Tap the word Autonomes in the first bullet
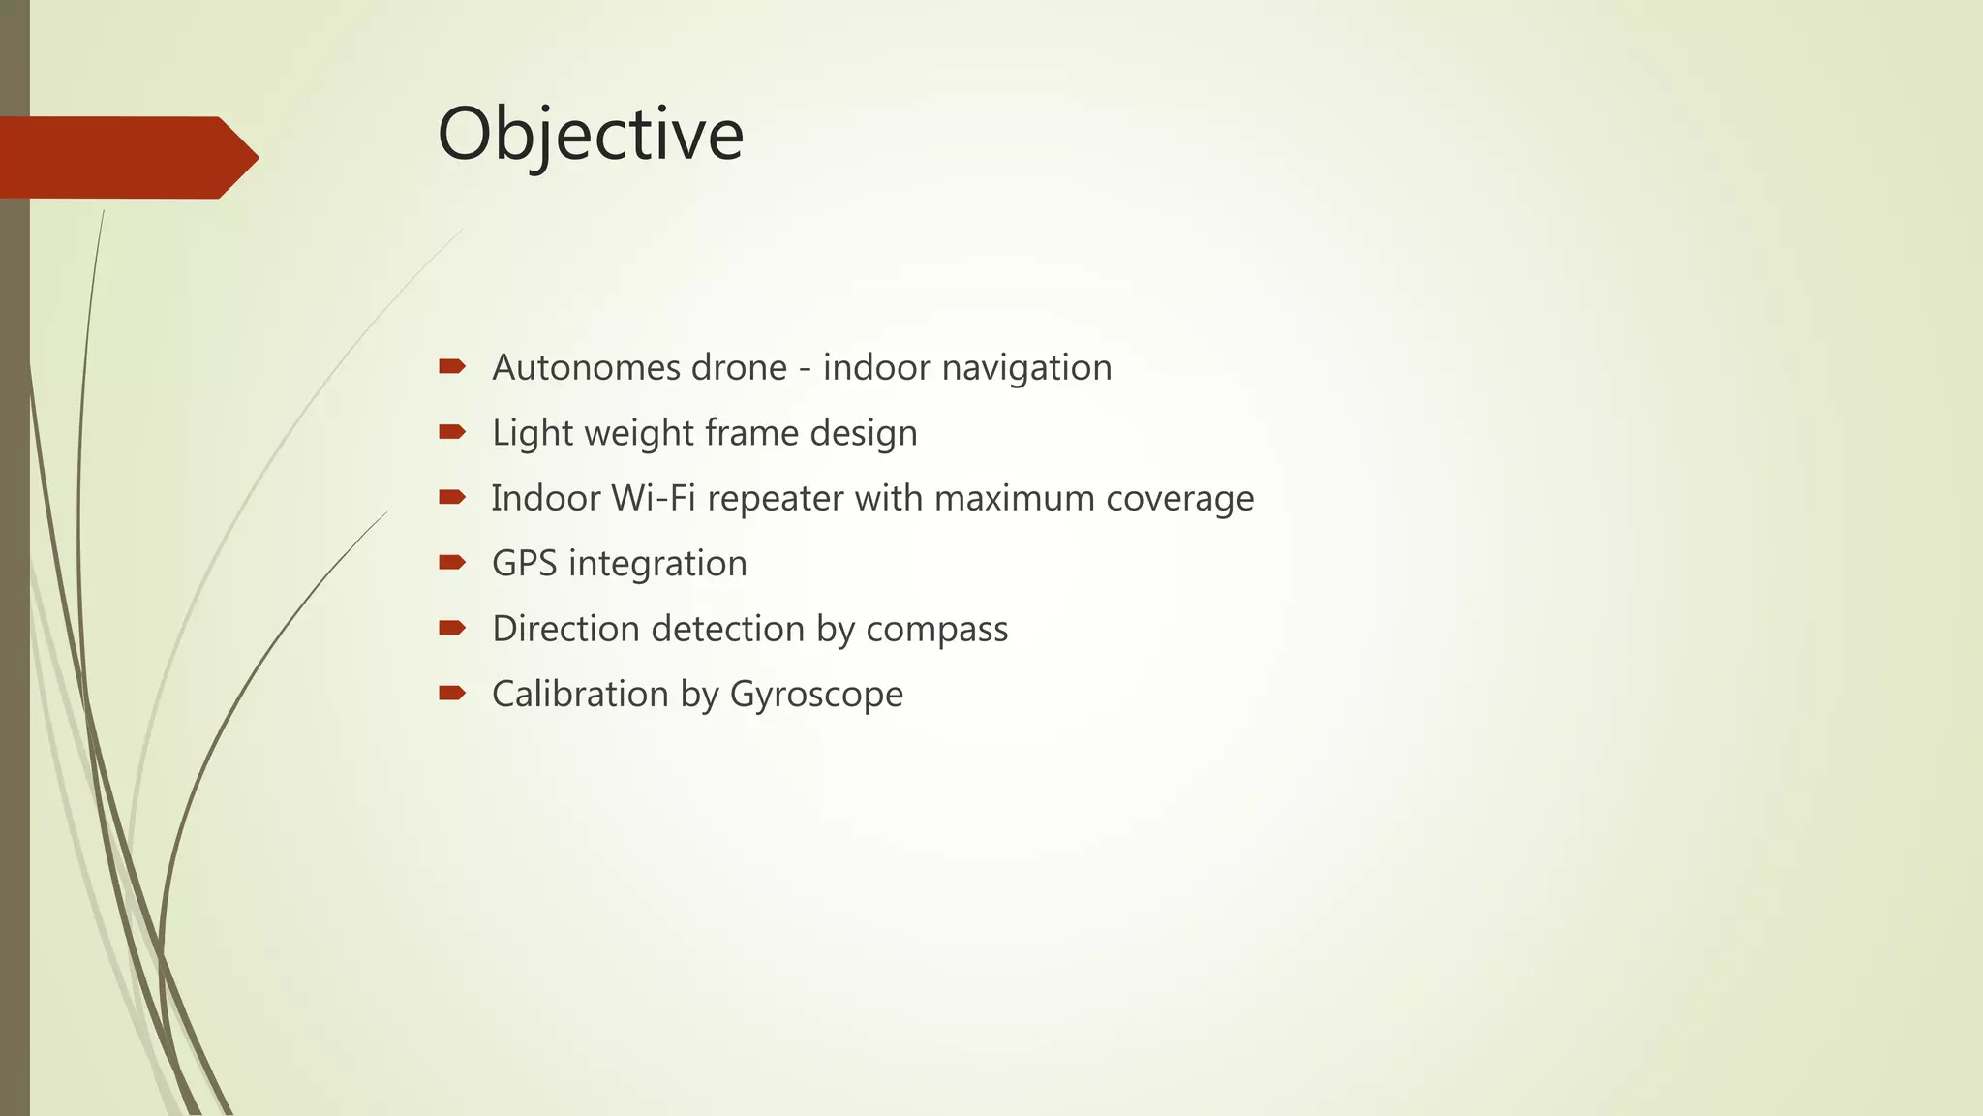577,367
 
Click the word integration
657,564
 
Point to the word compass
936,630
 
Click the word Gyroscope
816,695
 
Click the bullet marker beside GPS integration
452,562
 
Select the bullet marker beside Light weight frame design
452,431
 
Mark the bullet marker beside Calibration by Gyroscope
452,693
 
